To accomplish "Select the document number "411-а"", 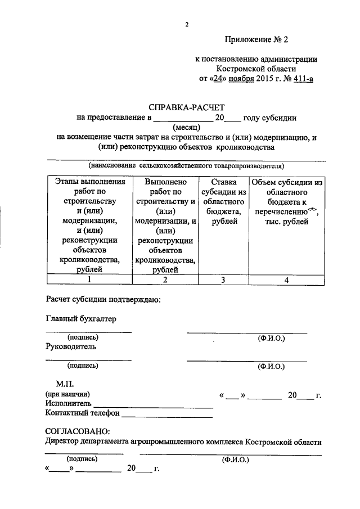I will point(301,79).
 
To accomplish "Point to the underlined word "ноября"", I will point(237,79).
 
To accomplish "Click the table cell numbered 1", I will point(89,280).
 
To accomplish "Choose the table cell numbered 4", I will point(287,280).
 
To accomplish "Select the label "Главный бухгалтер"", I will point(80,319).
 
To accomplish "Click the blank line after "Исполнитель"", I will point(153,406).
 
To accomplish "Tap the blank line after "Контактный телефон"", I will point(166,416).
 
